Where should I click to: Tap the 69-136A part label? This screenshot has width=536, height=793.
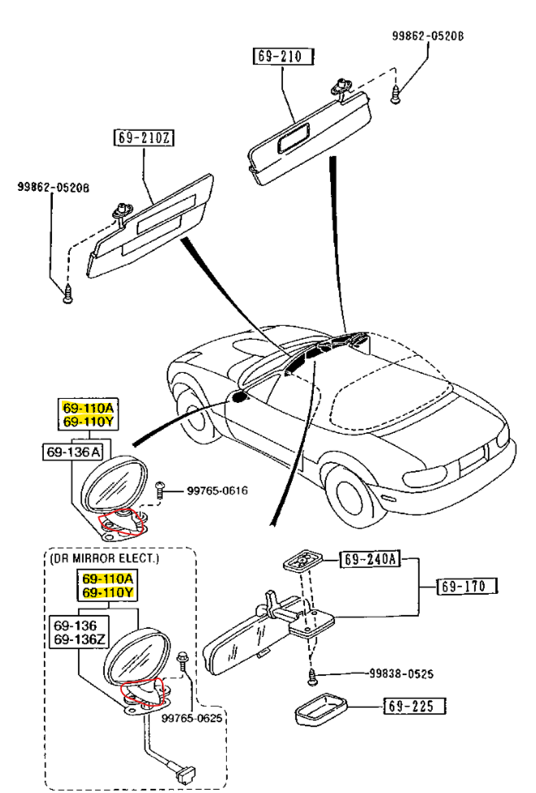(x=73, y=451)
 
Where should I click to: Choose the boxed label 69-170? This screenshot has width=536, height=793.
(x=468, y=585)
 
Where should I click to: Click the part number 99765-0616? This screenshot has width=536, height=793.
(x=217, y=490)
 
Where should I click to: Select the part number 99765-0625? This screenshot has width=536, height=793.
(x=190, y=718)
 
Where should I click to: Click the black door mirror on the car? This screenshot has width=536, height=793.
(x=238, y=396)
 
